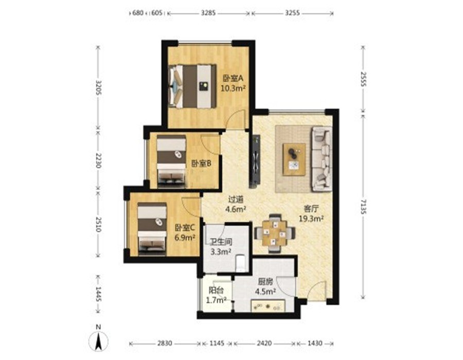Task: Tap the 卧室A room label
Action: [x=233, y=78]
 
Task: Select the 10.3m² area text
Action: [x=233, y=88]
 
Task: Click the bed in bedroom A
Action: [x=192, y=86]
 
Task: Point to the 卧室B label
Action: [x=201, y=164]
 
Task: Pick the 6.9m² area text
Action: [x=185, y=237]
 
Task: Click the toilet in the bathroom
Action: [x=241, y=263]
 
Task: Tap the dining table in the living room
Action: [x=275, y=233]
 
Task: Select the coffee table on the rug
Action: [x=294, y=159]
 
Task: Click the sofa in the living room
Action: [x=322, y=159]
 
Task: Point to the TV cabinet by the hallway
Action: [x=255, y=161]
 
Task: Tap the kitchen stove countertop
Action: [x=268, y=305]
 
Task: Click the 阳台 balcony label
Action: [x=216, y=291]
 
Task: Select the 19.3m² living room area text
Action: [x=311, y=219]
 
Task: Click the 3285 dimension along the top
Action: [x=208, y=13]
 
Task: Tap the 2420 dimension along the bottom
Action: [x=264, y=344]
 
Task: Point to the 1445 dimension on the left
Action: [x=99, y=294]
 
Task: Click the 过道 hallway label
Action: [x=236, y=200]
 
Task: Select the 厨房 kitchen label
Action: [x=265, y=282]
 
